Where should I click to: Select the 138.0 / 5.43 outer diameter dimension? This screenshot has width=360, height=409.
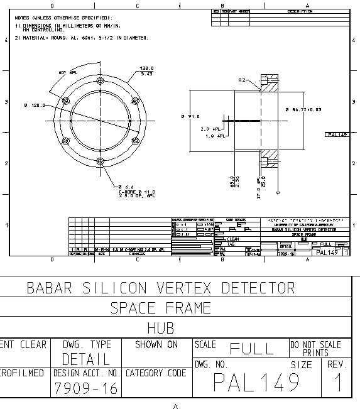[146, 71]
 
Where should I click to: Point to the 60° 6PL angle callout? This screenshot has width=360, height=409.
[68, 73]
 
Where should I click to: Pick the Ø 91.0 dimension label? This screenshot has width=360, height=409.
[190, 116]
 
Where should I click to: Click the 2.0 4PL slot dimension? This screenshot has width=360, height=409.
[209, 129]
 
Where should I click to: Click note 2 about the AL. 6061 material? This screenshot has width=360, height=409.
[82, 38]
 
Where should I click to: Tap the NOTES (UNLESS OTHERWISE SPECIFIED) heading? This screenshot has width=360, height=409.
[63, 18]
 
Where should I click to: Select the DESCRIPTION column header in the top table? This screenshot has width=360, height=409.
[300, 11]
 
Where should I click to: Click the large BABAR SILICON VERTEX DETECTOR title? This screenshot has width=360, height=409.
[160, 288]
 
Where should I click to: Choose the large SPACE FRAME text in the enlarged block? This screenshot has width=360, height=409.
[160, 308]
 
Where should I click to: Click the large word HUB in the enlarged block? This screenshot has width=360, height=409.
[160, 327]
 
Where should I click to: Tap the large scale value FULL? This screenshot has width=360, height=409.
[251, 349]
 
